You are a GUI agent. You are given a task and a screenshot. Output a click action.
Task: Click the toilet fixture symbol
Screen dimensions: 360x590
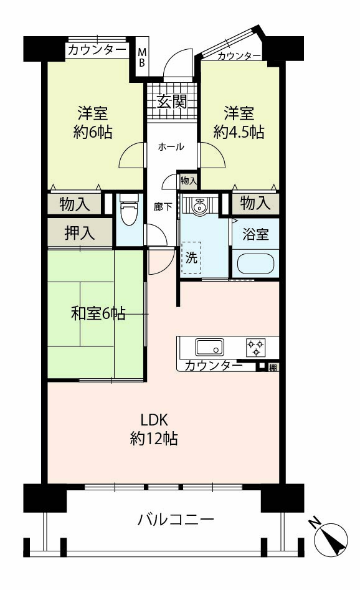click(129, 210)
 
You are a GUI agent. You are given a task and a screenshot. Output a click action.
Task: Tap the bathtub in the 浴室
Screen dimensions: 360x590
click(256, 264)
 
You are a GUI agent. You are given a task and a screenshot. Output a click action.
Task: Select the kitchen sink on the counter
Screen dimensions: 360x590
click(209, 347)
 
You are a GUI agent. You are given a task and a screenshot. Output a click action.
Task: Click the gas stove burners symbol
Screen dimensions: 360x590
click(256, 347)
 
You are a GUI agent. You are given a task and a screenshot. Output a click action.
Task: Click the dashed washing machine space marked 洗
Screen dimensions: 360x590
click(191, 257)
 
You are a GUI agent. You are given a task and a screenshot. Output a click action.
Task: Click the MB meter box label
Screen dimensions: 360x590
click(141, 57)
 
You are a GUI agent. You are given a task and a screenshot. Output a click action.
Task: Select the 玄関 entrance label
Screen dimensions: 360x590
click(171, 101)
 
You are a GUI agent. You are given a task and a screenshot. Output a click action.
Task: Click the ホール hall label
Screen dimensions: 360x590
click(171, 146)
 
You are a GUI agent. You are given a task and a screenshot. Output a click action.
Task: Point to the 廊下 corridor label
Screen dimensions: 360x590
click(163, 207)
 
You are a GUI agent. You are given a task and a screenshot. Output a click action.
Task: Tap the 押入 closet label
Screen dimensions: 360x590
click(79, 233)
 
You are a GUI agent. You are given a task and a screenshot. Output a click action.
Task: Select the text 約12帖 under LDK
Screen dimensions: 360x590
click(154, 439)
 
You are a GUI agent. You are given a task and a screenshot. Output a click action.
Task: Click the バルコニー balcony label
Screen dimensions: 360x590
click(176, 520)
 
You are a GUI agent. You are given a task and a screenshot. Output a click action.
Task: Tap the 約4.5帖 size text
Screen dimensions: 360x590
click(239, 131)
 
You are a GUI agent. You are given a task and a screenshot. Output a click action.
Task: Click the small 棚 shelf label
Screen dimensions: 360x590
click(273, 367)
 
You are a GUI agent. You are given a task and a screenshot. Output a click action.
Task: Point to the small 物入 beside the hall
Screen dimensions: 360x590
click(189, 181)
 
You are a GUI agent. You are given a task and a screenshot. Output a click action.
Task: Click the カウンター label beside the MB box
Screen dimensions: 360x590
click(97, 50)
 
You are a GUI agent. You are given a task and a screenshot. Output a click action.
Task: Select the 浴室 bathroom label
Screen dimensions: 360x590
click(255, 234)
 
